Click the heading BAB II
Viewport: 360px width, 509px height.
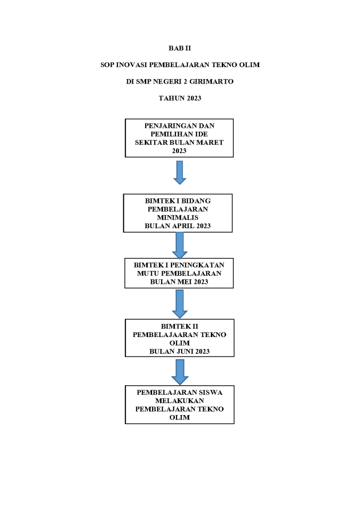pyautogui.click(x=180, y=48)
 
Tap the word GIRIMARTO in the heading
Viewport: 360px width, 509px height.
pyautogui.click(x=211, y=82)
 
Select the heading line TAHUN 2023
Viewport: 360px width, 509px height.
pyautogui.click(x=180, y=98)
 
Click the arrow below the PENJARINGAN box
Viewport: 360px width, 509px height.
pyautogui.click(x=180, y=172)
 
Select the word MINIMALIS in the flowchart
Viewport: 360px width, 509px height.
pyautogui.click(x=178, y=218)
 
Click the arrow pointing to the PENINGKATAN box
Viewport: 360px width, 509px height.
pyautogui.click(x=180, y=246)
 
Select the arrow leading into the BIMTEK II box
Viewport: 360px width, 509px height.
pyautogui.click(x=180, y=304)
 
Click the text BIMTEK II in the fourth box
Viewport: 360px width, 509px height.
pyautogui.click(x=180, y=326)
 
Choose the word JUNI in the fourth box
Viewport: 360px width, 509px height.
pyautogui.click(x=185, y=351)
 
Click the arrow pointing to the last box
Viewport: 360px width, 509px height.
pyautogui.click(x=180, y=372)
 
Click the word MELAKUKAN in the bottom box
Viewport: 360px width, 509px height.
pyautogui.click(x=180, y=401)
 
